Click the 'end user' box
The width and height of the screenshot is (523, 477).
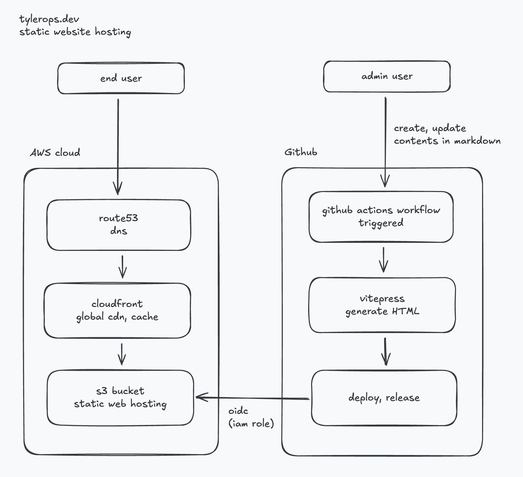coord(121,78)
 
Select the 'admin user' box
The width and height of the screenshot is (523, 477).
coord(387,77)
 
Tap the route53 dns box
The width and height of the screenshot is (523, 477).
coord(118,225)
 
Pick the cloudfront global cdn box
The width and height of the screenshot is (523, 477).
coord(117,310)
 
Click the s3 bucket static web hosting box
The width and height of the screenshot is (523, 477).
coord(120,398)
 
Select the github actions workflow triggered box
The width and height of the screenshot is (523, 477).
coord(381,217)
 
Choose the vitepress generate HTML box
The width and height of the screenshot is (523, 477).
coord(382,305)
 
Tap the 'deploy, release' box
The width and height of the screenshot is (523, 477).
coord(384,398)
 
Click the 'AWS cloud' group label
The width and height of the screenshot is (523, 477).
coord(55,153)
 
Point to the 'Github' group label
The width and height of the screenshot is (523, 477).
coord(301,152)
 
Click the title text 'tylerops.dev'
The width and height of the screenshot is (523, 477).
coord(49,19)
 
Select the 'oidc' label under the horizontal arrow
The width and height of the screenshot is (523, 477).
coord(238,411)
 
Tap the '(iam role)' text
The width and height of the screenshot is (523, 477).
coord(251,423)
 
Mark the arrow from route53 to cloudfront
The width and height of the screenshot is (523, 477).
coord(123,267)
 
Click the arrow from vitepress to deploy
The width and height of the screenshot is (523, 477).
coord(385,352)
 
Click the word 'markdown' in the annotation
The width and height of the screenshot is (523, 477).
coord(477,141)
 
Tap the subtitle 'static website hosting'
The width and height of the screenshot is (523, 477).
coord(75,32)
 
